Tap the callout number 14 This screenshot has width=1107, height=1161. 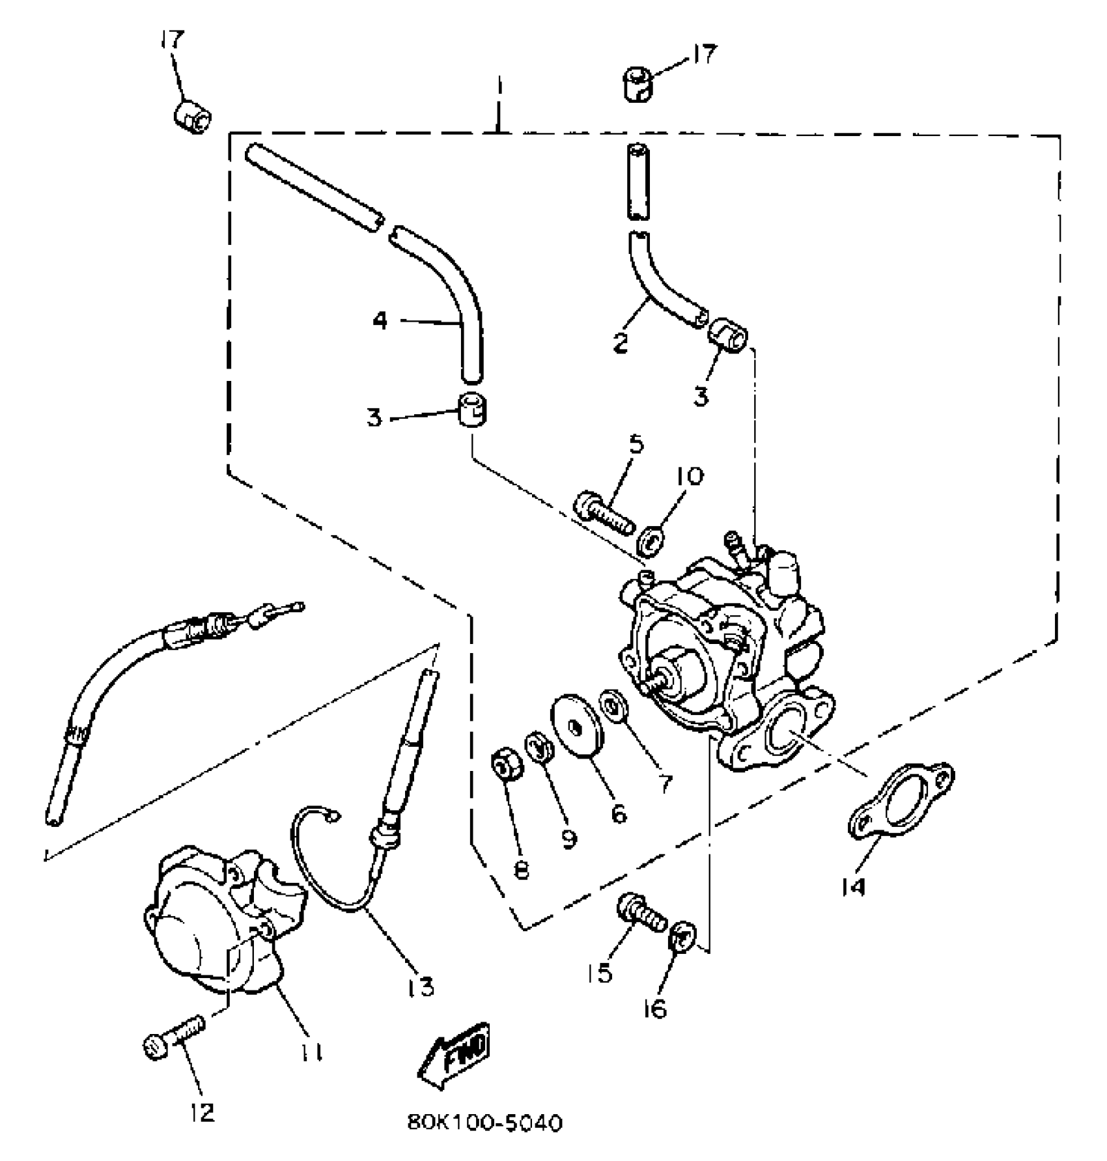(854, 886)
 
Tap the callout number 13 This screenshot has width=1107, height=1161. (421, 987)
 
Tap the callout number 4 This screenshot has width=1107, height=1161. (380, 320)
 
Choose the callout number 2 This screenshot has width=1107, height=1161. (620, 342)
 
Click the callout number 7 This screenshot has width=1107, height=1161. (664, 784)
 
